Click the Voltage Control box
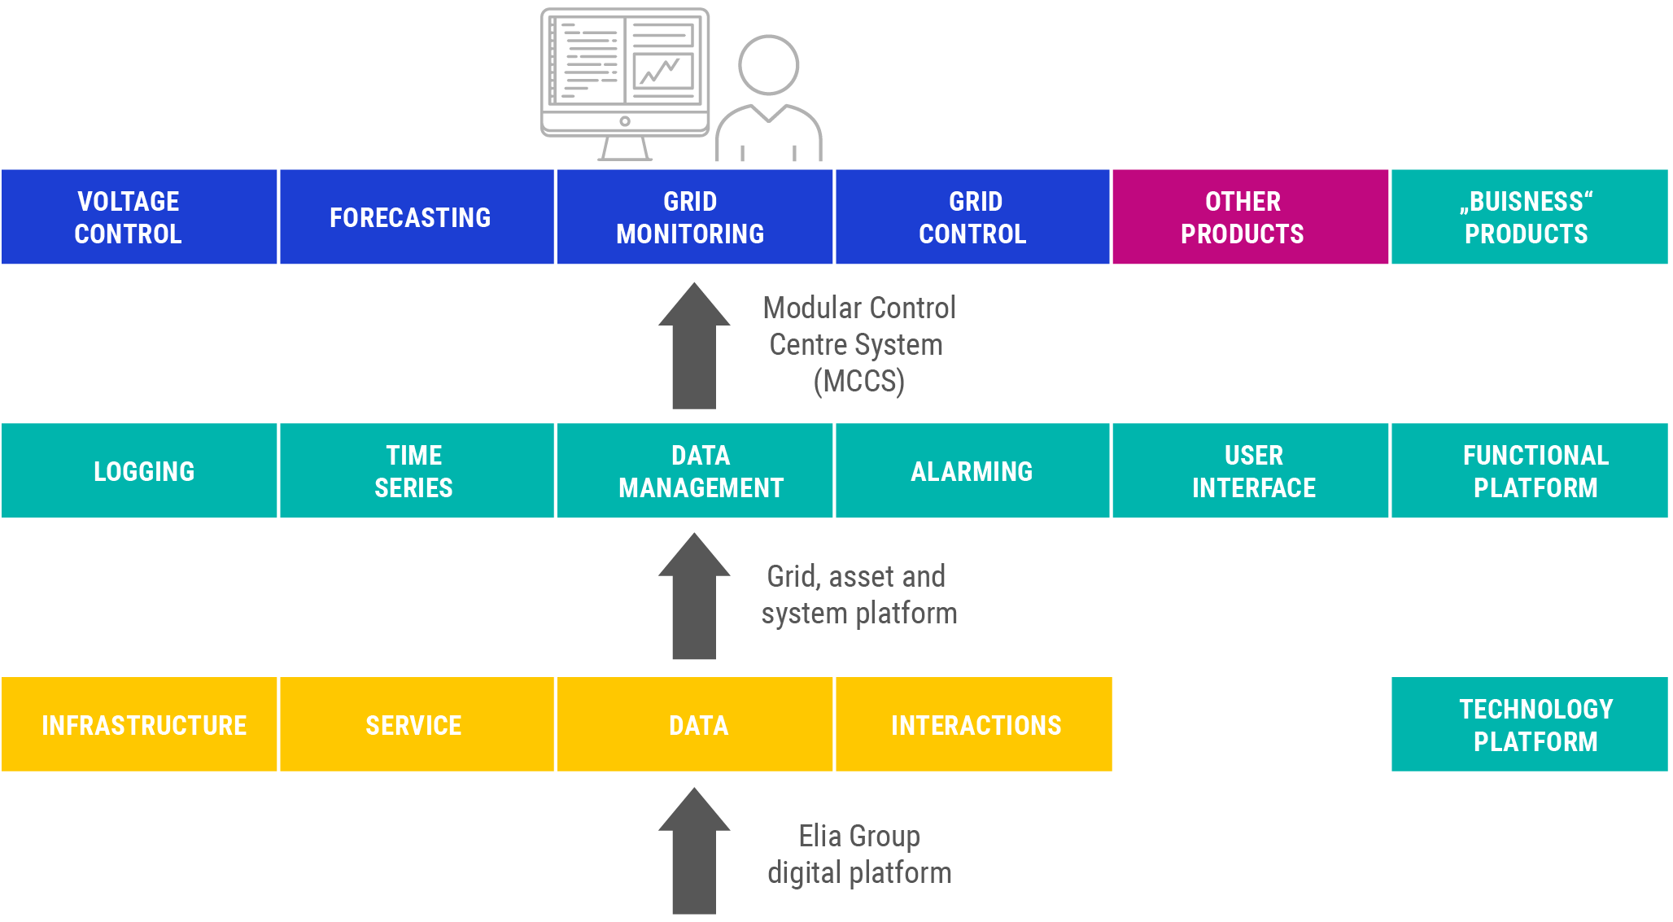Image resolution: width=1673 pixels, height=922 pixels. pyautogui.click(x=139, y=216)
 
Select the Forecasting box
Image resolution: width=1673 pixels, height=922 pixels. pyautogui.click(x=417, y=216)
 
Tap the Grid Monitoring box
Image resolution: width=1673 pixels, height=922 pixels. pyautogui.click(x=694, y=216)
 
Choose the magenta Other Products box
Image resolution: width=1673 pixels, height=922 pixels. pyautogui.click(x=1250, y=216)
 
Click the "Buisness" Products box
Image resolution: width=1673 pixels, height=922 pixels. pyautogui.click(x=1530, y=216)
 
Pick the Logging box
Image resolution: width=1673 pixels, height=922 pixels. pyautogui.click(x=139, y=470)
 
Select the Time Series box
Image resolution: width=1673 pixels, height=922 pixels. pyautogui.click(x=417, y=470)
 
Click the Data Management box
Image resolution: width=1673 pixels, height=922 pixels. pyautogui.click(x=694, y=470)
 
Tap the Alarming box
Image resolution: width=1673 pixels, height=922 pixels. pyautogui.click(x=972, y=470)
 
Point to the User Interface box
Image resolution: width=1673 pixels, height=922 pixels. pyautogui.click(x=1250, y=470)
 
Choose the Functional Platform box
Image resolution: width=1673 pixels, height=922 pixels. pyautogui.click(x=1530, y=470)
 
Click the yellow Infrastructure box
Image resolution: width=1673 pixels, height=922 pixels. pyautogui.click(x=139, y=724)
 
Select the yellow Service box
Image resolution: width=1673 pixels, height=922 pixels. pyautogui.click(x=417, y=724)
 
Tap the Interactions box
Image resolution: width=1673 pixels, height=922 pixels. pyautogui.click(x=973, y=724)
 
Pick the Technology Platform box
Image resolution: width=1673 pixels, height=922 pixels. pyautogui.click(x=1530, y=724)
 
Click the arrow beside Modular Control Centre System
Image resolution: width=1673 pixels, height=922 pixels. pyautogui.click(x=694, y=346)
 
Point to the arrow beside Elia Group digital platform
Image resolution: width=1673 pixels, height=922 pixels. pyautogui.click(x=694, y=851)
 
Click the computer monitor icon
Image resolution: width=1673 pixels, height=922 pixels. pyautogui.click(x=625, y=85)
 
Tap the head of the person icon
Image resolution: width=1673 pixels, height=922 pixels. pyautogui.click(x=768, y=65)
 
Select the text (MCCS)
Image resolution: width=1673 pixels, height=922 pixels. pyautogui.click(x=859, y=381)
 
